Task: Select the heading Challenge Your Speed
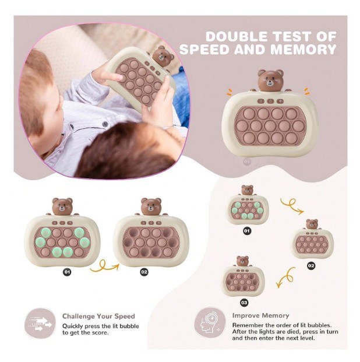point(98,317)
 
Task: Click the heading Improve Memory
point(260,315)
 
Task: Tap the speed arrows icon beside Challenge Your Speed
point(40,324)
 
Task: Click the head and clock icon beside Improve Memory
point(210,322)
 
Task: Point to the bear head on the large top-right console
point(270,80)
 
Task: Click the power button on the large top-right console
point(270,101)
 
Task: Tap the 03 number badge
point(244,303)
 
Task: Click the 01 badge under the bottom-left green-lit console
point(67,272)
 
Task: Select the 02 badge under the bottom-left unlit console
point(144,272)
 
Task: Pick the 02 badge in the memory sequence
point(311,266)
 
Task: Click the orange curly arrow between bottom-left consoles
point(104,266)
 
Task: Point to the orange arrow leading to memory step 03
point(286,277)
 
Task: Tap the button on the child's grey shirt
point(105,124)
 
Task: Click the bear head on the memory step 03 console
point(242,261)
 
